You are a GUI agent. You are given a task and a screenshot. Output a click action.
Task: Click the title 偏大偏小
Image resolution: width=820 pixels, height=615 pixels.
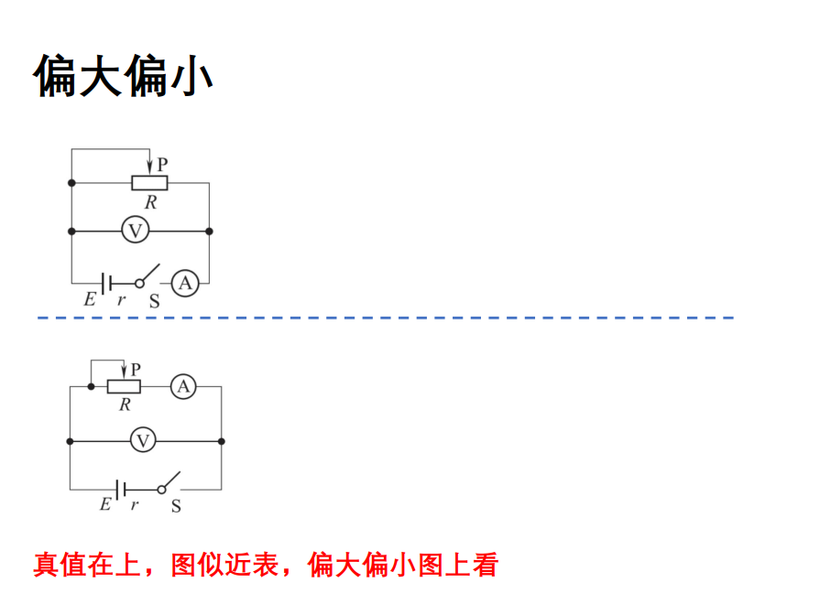[124, 76]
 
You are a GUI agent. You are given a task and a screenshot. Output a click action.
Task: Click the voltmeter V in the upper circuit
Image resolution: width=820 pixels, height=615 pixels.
[136, 231]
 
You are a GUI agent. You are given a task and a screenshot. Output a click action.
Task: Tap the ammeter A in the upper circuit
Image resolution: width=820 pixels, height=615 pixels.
[185, 284]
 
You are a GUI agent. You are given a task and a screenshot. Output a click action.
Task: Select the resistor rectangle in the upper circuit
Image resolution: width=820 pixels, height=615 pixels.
[149, 182]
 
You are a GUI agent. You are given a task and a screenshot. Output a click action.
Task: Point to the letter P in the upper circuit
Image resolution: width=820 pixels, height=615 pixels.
[162, 165]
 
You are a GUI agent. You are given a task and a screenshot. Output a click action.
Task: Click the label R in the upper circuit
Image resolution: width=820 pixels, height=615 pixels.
[150, 202]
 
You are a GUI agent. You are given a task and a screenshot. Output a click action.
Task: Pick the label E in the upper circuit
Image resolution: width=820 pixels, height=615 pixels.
[89, 299]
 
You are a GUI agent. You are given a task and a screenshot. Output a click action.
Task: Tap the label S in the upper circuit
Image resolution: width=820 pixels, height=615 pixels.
[153, 300]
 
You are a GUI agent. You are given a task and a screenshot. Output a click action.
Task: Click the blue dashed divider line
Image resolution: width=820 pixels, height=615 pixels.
[385, 318]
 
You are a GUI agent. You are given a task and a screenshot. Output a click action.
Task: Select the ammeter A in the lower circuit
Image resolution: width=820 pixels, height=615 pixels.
[183, 386]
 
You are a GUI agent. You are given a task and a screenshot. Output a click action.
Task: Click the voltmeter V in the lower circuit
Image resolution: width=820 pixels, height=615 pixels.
[142, 441]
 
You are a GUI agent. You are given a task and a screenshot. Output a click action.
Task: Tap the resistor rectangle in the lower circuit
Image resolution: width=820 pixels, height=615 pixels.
[124, 386]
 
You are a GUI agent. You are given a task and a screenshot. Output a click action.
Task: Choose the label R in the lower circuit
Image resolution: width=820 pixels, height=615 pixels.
[125, 405]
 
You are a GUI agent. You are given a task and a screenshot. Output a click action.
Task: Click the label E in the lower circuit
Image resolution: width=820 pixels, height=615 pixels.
[104, 504]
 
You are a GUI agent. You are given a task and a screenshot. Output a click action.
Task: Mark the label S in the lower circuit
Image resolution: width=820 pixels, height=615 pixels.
[175, 505]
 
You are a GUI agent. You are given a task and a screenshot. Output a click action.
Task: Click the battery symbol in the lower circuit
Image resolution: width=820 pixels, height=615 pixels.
[120, 489]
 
